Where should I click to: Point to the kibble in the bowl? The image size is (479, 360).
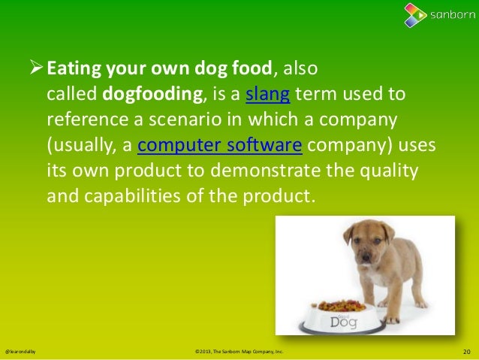[342, 306]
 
